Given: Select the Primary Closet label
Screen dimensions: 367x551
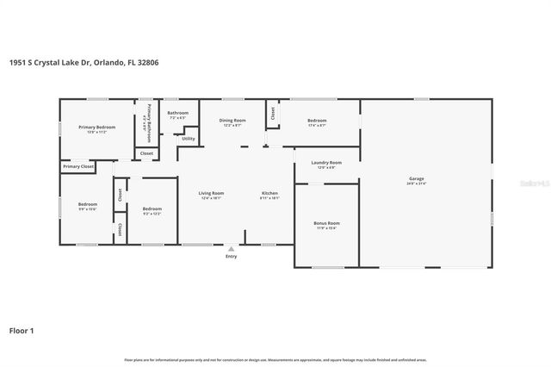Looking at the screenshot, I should [x=77, y=166].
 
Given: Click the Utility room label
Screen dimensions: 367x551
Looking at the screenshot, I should [x=188, y=139].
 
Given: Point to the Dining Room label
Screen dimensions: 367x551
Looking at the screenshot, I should [x=232, y=121].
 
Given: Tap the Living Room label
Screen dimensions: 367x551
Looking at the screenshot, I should [x=211, y=193].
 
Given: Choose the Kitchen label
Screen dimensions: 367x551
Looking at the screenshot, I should [x=270, y=193].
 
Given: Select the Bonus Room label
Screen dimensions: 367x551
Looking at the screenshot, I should [x=327, y=223].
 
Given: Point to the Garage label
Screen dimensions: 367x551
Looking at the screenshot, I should [x=417, y=179].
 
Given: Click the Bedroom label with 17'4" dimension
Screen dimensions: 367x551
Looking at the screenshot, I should [x=317, y=121].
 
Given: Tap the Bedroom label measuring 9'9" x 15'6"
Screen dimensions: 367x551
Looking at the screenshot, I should [x=88, y=205].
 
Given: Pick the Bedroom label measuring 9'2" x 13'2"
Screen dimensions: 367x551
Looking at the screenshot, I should [x=152, y=209].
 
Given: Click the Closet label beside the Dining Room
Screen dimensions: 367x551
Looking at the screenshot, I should [x=273, y=112].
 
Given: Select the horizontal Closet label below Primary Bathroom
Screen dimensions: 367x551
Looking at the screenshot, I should [x=146, y=154].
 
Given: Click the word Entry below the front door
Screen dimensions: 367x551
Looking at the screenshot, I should [x=231, y=257].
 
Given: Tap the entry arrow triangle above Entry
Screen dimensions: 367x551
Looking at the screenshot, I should [x=230, y=248].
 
